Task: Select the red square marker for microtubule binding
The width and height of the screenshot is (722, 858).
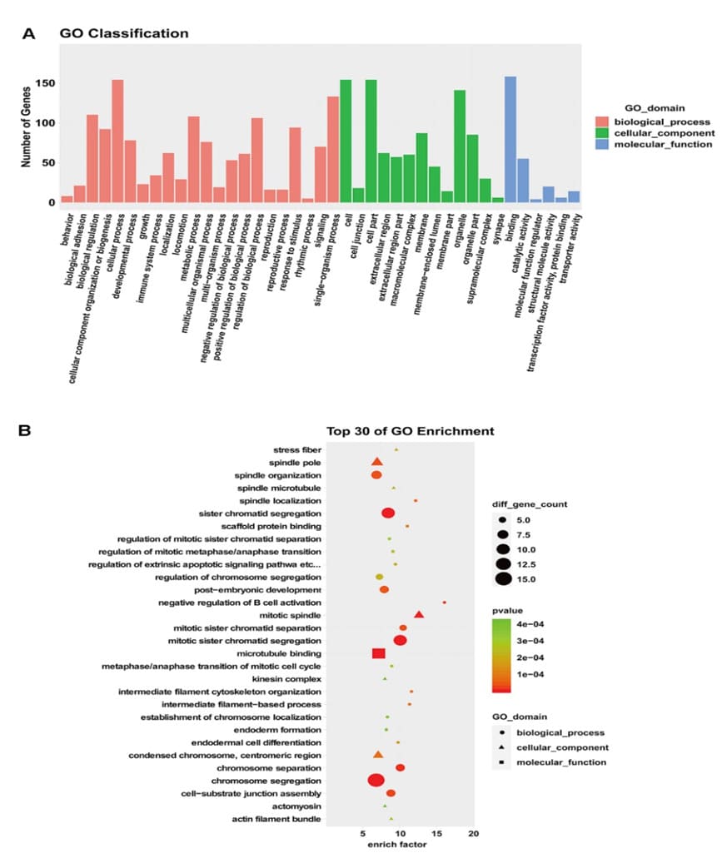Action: [x=379, y=653]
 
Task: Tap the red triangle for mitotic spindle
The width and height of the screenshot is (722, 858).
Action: [x=419, y=615]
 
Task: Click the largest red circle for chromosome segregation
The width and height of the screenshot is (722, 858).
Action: [x=376, y=780]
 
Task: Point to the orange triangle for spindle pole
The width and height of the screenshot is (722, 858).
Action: [x=376, y=462]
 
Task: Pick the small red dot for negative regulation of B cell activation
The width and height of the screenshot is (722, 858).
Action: [x=445, y=603]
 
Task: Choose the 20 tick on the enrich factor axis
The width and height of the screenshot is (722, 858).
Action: [x=474, y=833]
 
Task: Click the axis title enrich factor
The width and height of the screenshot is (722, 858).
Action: [x=398, y=845]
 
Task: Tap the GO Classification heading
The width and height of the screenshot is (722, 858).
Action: [x=123, y=34]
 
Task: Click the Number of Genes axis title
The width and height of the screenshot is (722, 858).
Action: [x=26, y=130]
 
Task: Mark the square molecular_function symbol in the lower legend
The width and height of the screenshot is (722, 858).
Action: [x=505, y=761]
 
